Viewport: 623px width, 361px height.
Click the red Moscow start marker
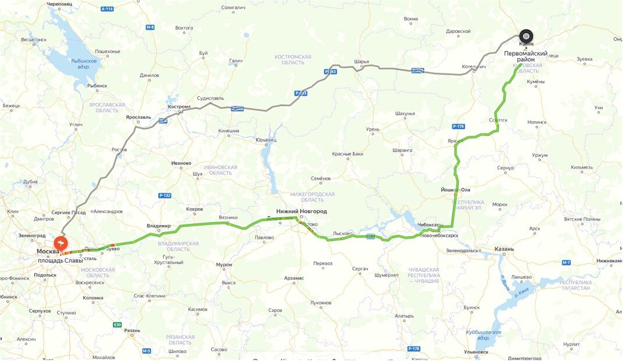61,243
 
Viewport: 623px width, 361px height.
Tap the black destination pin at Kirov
526,36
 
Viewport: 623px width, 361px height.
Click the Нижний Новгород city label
302,211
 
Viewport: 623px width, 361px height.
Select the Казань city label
504,249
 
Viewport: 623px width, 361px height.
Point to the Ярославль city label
138,117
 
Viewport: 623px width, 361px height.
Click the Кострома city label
179,107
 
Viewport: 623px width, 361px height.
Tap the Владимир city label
158,226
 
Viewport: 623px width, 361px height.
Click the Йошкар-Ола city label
456,190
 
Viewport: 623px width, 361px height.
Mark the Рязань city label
132,331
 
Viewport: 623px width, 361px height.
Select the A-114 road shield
107,9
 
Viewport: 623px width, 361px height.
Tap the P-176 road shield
458,127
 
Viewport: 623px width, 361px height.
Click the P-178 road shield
414,348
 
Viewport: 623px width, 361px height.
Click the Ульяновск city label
476,352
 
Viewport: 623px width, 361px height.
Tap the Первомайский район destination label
526,56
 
